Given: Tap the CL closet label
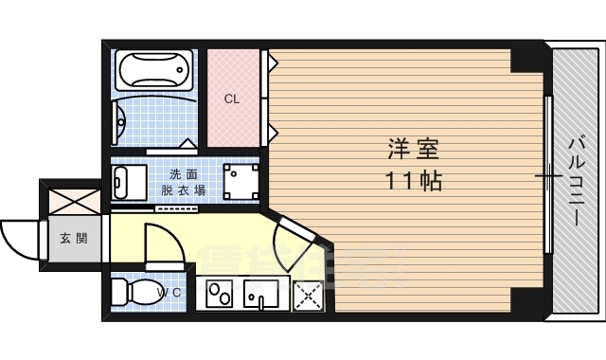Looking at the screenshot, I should click(231, 99).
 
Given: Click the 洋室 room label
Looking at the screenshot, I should click(414, 150).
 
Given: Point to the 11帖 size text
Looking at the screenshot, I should click(414, 180).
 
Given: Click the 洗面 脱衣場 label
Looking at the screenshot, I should click(183, 182).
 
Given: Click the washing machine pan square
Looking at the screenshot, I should click(241, 181).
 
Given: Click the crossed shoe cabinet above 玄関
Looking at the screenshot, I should click(74, 200).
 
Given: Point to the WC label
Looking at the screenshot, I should click(169, 293).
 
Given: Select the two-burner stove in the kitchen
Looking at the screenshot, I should click(220, 295).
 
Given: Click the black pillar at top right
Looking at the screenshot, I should click(527, 59).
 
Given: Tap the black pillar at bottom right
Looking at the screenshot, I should click(527, 301).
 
